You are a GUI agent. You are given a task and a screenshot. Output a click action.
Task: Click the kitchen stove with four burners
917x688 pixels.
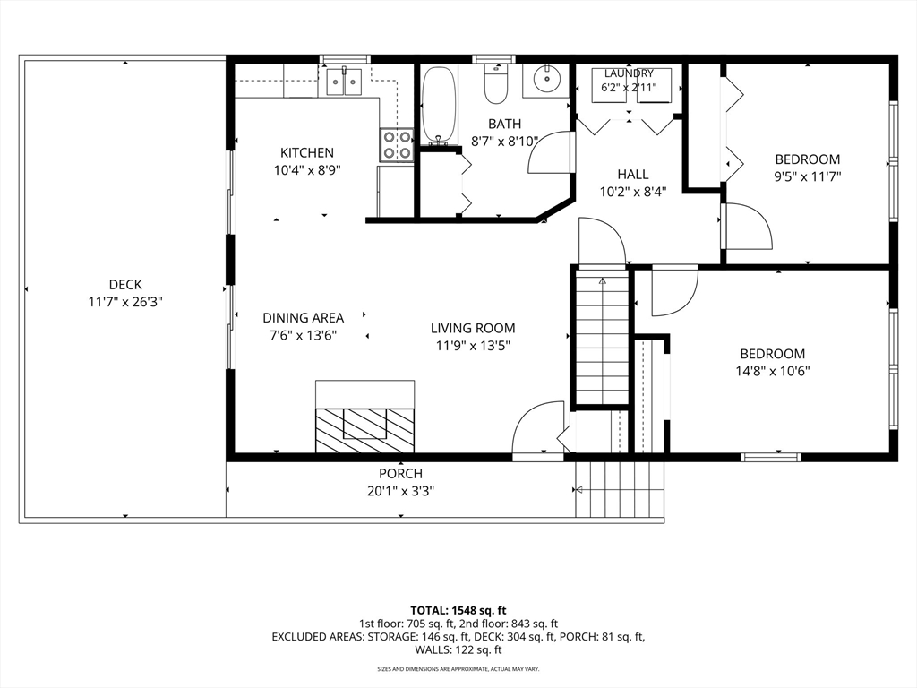(x=397, y=145)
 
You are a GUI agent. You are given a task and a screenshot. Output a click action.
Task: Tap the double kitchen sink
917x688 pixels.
(x=344, y=82)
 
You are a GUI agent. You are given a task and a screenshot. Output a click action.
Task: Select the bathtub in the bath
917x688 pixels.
(x=439, y=106)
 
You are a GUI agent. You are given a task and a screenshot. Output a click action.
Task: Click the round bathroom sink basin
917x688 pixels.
(x=546, y=77)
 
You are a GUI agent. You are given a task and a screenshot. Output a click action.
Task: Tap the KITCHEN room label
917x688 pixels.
(x=307, y=152)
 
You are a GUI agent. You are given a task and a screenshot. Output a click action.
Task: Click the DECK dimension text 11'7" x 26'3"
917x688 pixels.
(x=125, y=302)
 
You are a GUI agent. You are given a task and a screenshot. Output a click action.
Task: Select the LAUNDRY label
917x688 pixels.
(x=629, y=73)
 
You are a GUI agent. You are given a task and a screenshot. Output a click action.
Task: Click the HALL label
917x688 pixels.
(x=633, y=175)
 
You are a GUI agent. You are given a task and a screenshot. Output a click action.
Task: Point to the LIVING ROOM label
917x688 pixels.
(x=473, y=328)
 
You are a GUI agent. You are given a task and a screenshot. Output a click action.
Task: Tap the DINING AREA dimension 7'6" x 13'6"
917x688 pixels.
(x=303, y=335)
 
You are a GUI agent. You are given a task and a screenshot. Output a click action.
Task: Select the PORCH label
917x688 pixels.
(x=400, y=473)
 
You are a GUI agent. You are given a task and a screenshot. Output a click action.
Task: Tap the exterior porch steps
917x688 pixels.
(x=620, y=489)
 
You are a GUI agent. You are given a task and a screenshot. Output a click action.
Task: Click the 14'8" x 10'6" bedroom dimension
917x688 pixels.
(x=773, y=370)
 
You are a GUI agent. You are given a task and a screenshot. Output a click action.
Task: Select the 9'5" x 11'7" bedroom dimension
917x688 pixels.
(x=808, y=176)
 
